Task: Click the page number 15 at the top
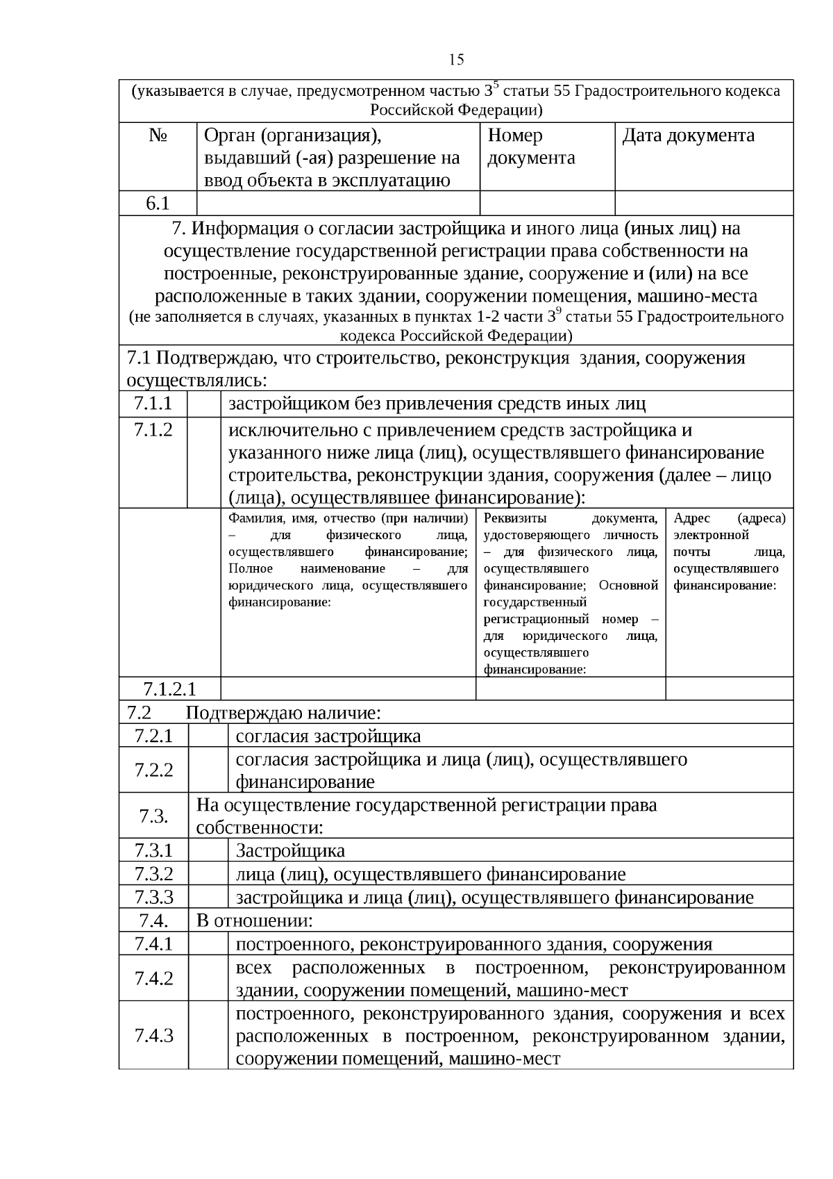456,60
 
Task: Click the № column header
158,135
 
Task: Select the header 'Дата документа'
688,135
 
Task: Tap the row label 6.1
158,203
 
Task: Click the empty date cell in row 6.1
704,203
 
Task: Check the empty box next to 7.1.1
204,404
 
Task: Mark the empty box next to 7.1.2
204,463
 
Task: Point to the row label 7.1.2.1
169,689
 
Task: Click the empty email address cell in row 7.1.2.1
729,689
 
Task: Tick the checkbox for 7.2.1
208,735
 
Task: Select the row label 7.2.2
153,770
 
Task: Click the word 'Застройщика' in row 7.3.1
290,851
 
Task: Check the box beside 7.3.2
208,874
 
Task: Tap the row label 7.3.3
153,897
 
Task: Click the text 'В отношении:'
255,921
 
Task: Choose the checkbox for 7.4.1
208,943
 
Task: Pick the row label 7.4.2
153,978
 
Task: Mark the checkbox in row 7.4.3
208,1035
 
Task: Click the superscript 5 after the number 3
496,85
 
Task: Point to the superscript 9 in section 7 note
559,312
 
